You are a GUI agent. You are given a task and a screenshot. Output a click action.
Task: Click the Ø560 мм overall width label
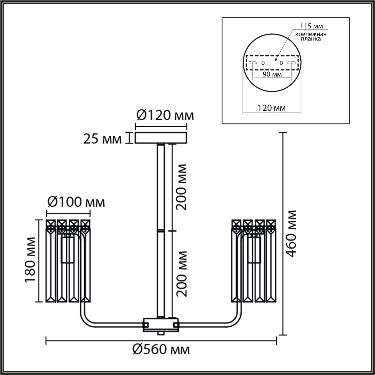click(x=161, y=349)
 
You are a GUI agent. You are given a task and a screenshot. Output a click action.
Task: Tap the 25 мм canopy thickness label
click(x=102, y=139)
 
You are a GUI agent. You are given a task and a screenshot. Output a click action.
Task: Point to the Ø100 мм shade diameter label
click(x=76, y=202)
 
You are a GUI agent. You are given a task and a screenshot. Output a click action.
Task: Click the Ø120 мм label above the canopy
click(x=165, y=115)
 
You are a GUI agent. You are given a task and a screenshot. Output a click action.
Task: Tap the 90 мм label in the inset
click(x=272, y=74)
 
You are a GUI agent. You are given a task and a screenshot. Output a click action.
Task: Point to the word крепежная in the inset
click(x=311, y=34)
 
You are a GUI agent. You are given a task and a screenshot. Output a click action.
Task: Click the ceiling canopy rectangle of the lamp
click(x=161, y=138)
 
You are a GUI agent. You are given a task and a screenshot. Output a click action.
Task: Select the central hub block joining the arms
click(x=161, y=324)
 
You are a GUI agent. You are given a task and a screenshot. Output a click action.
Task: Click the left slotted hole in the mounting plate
click(x=253, y=63)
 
